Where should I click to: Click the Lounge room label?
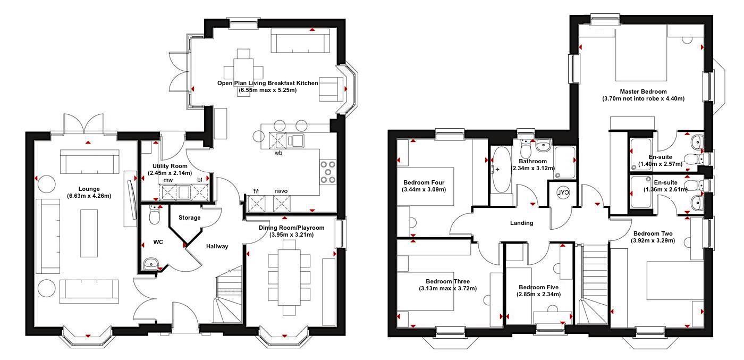[x=89, y=188]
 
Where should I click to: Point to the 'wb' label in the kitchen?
[x=278, y=153]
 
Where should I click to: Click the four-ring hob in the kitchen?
[x=328, y=172]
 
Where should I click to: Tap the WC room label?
[x=158, y=242]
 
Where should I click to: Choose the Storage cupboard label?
[x=189, y=217]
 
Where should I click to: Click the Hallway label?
[x=217, y=246]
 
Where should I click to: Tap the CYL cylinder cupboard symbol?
[x=562, y=193]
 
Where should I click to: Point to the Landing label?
[x=521, y=223]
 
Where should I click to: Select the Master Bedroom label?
[x=643, y=91]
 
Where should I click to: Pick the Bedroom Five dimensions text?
[x=538, y=294]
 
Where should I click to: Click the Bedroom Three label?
[x=447, y=281]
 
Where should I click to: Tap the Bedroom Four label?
[x=424, y=182]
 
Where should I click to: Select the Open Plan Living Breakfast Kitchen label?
[x=267, y=83]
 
